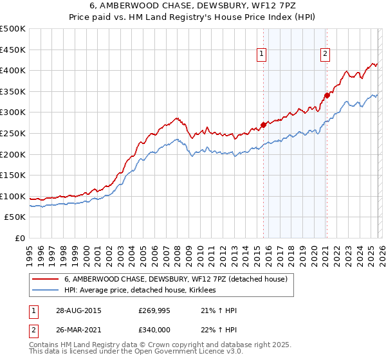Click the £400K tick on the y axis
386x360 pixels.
(x=13, y=70)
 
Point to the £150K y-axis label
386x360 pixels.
(x=13, y=175)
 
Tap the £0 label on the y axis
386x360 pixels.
(x=19, y=238)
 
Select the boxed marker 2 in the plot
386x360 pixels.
(x=326, y=55)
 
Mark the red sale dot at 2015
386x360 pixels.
(x=263, y=125)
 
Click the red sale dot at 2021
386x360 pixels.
(x=327, y=95)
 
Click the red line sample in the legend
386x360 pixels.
(x=46, y=279)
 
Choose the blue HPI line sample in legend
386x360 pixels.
(x=46, y=291)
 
